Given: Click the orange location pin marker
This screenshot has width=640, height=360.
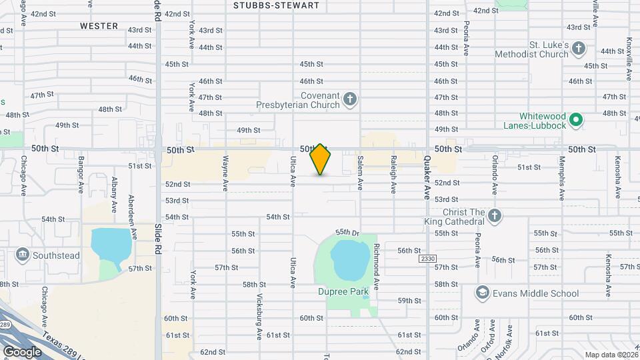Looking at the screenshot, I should click(321, 159).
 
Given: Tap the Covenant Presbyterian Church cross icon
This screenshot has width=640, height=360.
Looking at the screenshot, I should click(350, 101).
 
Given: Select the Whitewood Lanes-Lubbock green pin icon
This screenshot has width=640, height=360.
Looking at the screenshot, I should click(577, 121).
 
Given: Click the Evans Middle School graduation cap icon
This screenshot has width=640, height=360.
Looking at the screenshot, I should click(482, 293).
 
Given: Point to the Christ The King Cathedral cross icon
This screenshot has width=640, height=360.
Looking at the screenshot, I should click(494, 215).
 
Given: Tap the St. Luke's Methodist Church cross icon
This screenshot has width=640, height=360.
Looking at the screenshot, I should click(578, 49).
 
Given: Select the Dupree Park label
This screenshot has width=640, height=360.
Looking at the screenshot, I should click(347, 292).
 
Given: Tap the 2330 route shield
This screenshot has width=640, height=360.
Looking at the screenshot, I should click(427, 258).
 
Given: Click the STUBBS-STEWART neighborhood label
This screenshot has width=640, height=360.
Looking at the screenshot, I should click(276, 5).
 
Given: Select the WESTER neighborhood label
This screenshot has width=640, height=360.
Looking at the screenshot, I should click(99, 26).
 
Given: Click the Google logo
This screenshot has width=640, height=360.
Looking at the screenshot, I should click(22, 351).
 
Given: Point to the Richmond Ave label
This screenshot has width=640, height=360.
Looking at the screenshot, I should click(377, 267).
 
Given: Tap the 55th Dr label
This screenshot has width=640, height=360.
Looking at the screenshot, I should click(347, 232).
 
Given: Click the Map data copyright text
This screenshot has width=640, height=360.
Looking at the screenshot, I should click(611, 355).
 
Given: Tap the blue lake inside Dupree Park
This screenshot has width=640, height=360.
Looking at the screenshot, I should click(349, 260).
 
